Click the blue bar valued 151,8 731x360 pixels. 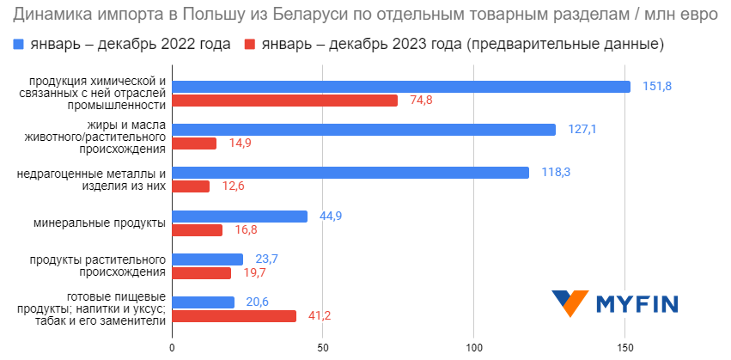(x=401, y=87)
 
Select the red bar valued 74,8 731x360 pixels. (x=285, y=101)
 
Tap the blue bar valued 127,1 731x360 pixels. (x=364, y=130)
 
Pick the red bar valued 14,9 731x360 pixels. (x=194, y=143)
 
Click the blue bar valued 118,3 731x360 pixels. (x=350, y=173)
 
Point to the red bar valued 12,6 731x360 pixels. (x=191, y=186)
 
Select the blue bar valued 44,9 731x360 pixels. (x=240, y=217)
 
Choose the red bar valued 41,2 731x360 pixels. (x=235, y=316)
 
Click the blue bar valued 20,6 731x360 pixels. (x=204, y=302)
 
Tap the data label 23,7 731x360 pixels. (x=267, y=259)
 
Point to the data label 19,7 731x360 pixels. (x=255, y=273)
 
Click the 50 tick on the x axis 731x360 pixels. (x=323, y=347)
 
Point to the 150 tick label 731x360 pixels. (x=624, y=347)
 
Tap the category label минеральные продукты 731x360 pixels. (x=100, y=223)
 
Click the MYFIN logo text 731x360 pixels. (x=637, y=304)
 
